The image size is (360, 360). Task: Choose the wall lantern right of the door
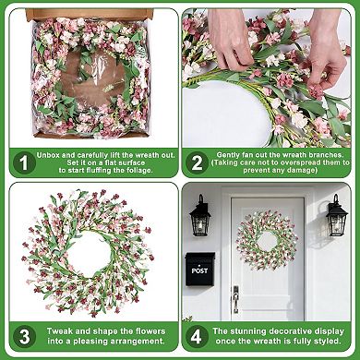(x=336, y=216)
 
